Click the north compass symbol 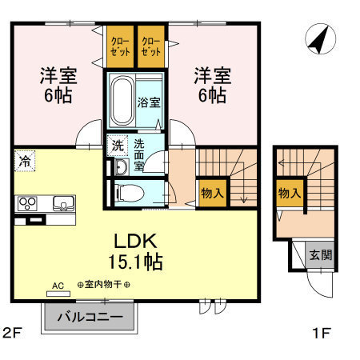[x=320, y=38]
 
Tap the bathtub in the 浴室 [x=122, y=101]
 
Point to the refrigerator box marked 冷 [x=25, y=161]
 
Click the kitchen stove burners [x=27, y=203]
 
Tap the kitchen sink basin [x=63, y=203]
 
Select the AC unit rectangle [x=58, y=294]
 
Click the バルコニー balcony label [x=90, y=317]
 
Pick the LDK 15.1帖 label [x=135, y=251]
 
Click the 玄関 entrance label [x=321, y=255]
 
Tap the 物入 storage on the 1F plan [x=290, y=193]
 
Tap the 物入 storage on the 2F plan [x=213, y=193]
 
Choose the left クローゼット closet [x=120, y=46]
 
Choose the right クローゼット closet [x=151, y=46]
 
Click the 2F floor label [x=11, y=333]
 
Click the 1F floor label [x=322, y=333]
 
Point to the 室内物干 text [x=103, y=285]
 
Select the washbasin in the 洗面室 [x=122, y=167]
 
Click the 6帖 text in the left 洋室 [x=58, y=95]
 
